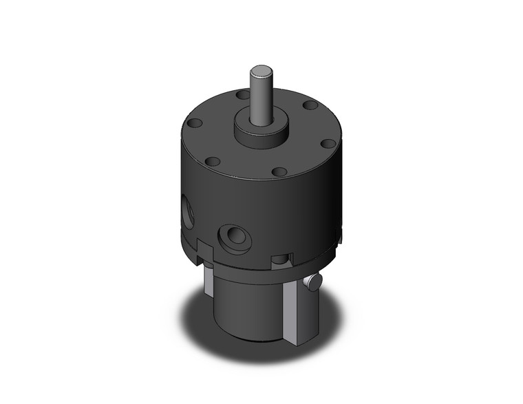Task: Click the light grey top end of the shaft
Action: (261, 70)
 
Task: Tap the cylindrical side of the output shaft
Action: (261, 100)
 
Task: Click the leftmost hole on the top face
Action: (195, 124)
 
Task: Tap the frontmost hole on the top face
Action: (279, 171)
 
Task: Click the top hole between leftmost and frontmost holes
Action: (214, 161)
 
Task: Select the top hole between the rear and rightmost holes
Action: (310, 105)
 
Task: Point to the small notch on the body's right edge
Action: (339, 236)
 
